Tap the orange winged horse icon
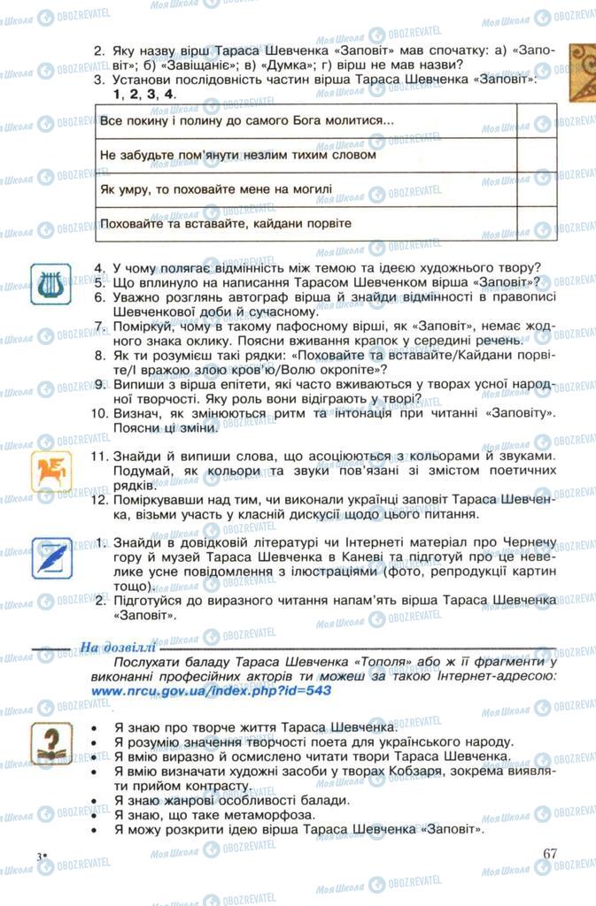[x=50, y=471]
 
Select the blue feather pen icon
[x=50, y=557]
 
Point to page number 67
[x=550, y=854]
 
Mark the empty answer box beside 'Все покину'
[x=535, y=120]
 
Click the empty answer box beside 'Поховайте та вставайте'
[x=535, y=223]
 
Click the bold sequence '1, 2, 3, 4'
[x=144, y=93]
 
